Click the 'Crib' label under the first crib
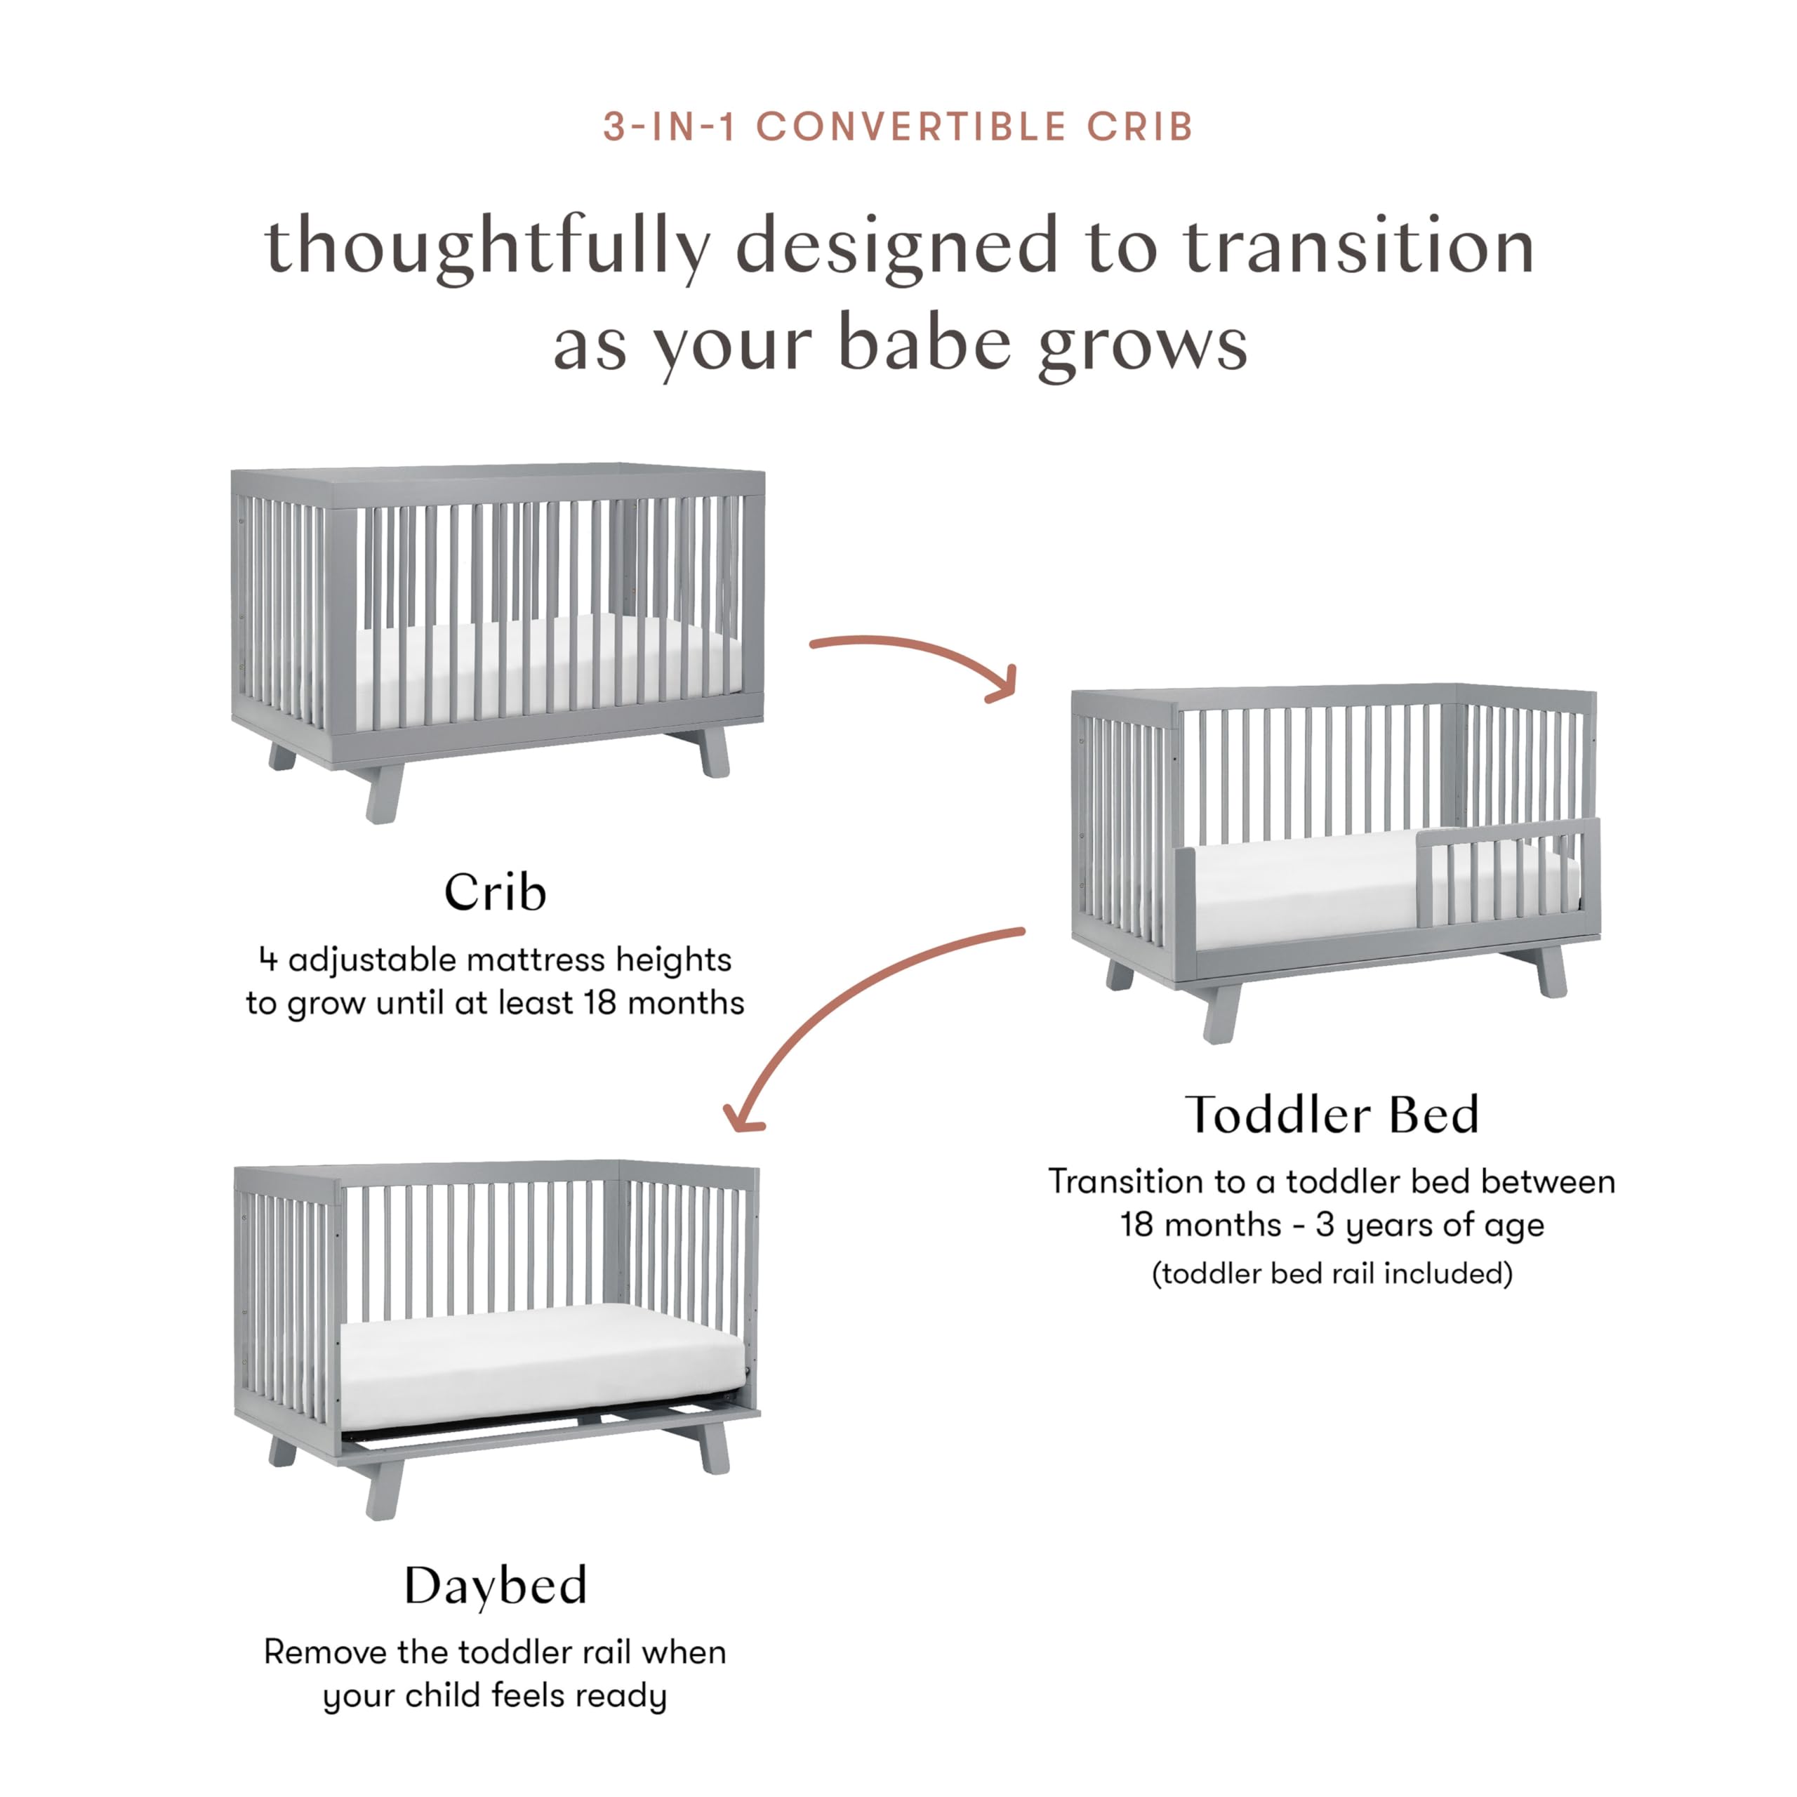click(495, 892)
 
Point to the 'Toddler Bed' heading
click(1331, 1114)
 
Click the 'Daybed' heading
click(495, 1585)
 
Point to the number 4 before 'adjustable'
click(268, 959)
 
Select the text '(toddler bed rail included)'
click(1331, 1273)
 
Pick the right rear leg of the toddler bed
click(1551, 972)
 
